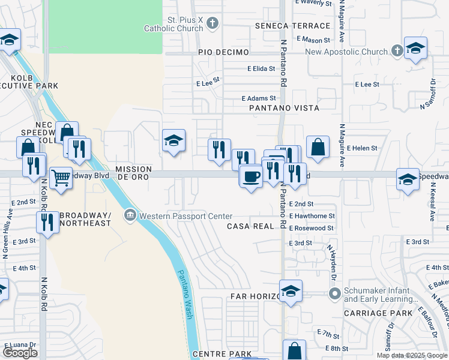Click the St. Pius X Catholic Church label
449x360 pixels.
(x=173, y=24)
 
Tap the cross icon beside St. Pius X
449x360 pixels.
(x=211, y=23)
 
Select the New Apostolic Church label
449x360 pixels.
(x=346, y=52)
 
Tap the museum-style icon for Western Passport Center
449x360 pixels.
(x=130, y=215)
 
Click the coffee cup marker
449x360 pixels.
(x=251, y=176)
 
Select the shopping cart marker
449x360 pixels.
(x=61, y=178)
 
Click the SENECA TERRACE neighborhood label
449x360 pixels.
(x=292, y=26)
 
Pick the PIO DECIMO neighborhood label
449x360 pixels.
(x=223, y=52)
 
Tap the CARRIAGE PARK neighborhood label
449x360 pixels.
(x=373, y=313)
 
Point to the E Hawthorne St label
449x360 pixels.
(x=312, y=215)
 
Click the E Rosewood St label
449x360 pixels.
(x=311, y=228)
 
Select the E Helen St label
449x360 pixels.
(x=362, y=148)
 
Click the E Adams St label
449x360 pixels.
(x=259, y=98)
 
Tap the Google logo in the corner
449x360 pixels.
(x=20, y=353)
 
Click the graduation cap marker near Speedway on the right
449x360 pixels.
(x=408, y=179)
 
